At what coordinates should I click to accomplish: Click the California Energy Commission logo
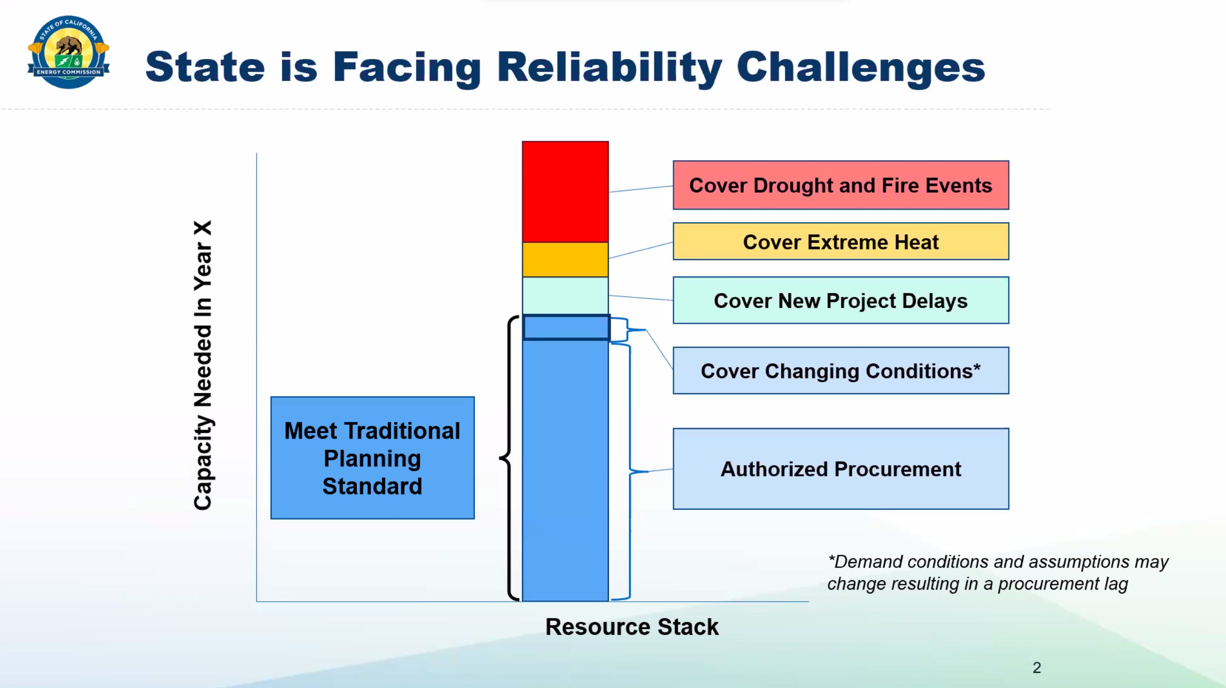pyautogui.click(x=68, y=52)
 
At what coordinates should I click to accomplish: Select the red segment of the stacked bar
pyautogui.click(x=565, y=192)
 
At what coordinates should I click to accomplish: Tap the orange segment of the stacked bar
pyautogui.click(x=565, y=260)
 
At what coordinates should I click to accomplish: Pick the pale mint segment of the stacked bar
pyautogui.click(x=565, y=296)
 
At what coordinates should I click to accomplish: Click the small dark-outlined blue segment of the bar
pyautogui.click(x=566, y=327)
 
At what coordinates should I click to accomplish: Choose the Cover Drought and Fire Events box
pyautogui.click(x=841, y=185)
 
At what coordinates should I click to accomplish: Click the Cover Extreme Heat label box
pyautogui.click(x=841, y=242)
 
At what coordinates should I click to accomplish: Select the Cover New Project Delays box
pyautogui.click(x=841, y=300)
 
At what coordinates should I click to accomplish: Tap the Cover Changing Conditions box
pyautogui.click(x=841, y=371)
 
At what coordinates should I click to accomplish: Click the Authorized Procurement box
pyautogui.click(x=841, y=468)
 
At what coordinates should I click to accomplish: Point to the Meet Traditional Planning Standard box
pyautogui.click(x=372, y=458)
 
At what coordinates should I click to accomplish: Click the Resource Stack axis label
pyautogui.click(x=632, y=627)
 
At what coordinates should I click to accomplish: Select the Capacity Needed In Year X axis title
pyautogui.click(x=203, y=365)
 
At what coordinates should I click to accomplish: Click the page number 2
pyautogui.click(x=1036, y=667)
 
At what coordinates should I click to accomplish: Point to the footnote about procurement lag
pyautogui.click(x=998, y=573)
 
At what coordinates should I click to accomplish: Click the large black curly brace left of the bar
pyautogui.click(x=506, y=458)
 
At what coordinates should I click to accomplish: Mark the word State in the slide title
pyautogui.click(x=205, y=67)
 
